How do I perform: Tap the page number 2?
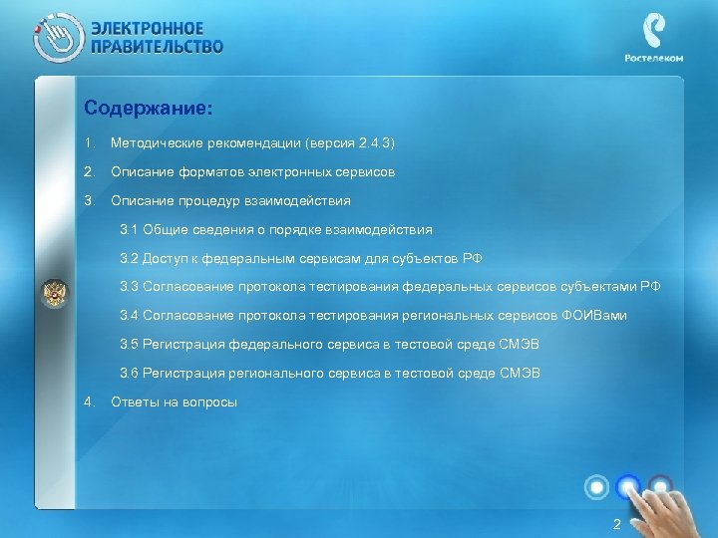[x=616, y=524]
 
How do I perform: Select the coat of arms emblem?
[x=53, y=295]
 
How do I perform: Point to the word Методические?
[x=156, y=143]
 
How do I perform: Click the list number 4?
[x=90, y=403]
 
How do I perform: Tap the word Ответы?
[x=135, y=403]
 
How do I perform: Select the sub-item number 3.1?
[x=129, y=230]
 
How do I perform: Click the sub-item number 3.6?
[x=129, y=374]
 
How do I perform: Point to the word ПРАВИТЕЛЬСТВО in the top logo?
[x=158, y=46]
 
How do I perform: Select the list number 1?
[x=90, y=143]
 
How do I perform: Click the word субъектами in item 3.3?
[x=596, y=287]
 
